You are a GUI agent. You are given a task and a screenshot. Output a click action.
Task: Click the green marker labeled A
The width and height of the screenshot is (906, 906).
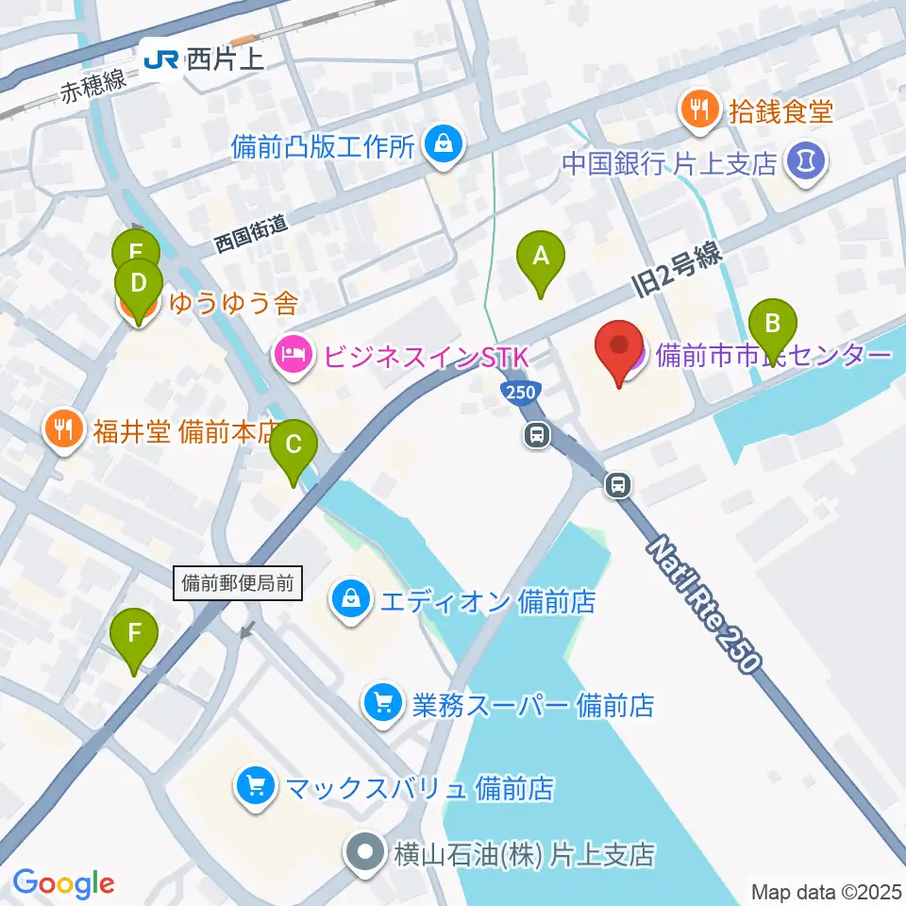(541, 260)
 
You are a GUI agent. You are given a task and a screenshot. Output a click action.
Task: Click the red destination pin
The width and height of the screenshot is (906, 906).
(619, 349)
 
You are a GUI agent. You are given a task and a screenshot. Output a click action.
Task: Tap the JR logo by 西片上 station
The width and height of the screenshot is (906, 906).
(159, 60)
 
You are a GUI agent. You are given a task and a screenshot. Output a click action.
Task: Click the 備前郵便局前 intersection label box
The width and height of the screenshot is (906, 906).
(239, 583)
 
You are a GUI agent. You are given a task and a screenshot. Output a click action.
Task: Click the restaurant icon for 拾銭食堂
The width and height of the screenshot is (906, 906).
(698, 112)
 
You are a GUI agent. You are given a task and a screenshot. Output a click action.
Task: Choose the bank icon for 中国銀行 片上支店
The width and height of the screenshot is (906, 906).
(809, 161)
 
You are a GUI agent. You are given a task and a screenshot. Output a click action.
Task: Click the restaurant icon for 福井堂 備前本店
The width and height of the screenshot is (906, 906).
(62, 429)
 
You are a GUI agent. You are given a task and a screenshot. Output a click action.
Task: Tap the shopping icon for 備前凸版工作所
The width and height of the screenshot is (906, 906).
(441, 145)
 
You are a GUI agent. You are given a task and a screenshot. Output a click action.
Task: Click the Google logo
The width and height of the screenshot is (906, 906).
(64, 883)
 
